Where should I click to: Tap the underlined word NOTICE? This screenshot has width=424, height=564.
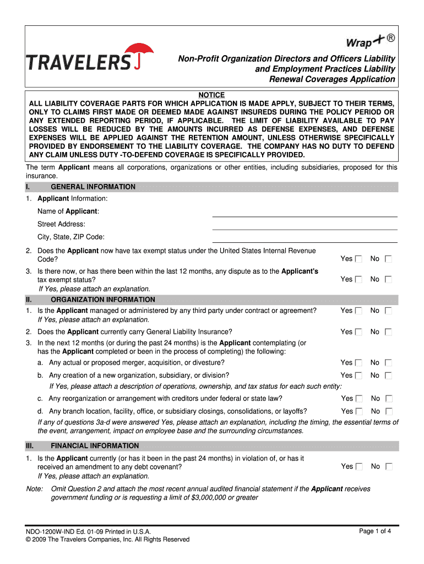[x=211, y=95]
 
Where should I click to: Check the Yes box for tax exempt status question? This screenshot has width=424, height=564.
[x=358, y=259]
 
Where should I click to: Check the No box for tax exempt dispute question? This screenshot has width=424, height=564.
[x=388, y=280]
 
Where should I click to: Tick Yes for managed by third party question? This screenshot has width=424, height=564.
[x=358, y=311]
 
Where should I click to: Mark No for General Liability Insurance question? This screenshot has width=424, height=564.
[x=388, y=332]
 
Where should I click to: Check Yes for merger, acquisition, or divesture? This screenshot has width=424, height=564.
[x=358, y=363]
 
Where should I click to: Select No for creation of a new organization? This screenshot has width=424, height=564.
[x=388, y=376]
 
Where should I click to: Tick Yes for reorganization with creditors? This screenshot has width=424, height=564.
[x=359, y=399]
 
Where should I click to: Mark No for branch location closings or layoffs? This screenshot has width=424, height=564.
[x=389, y=411]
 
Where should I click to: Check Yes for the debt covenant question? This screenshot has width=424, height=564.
[x=358, y=467]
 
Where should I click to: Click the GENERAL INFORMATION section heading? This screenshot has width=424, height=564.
[x=93, y=187]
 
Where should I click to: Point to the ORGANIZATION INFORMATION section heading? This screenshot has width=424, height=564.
[x=102, y=300]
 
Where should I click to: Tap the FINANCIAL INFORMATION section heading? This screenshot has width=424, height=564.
[x=95, y=446]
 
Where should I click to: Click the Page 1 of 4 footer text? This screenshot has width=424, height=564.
[x=375, y=531]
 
